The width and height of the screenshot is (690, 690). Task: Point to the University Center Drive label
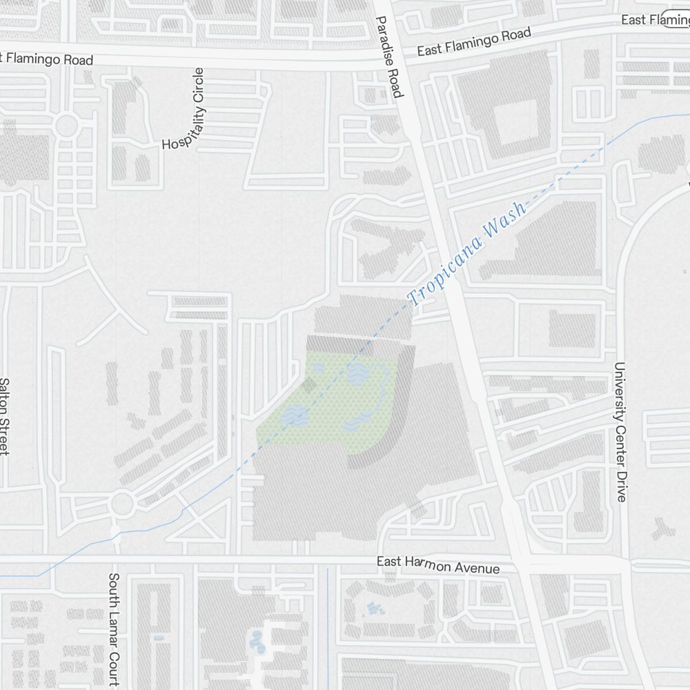click(620, 432)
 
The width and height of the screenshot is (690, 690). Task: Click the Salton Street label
click(4, 416)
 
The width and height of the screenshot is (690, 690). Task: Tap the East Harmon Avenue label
click(438, 564)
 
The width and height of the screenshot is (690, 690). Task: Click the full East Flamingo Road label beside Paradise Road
click(475, 42)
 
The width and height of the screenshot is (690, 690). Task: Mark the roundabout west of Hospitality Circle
click(67, 126)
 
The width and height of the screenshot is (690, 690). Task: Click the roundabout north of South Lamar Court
click(122, 503)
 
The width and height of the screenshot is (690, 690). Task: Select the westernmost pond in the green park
click(296, 415)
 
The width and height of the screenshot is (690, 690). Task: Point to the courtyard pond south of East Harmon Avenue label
click(373, 609)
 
